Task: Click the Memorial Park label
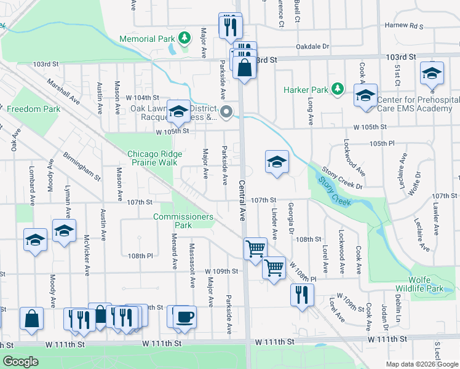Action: (148, 39)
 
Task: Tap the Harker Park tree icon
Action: (337, 89)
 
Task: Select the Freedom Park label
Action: (33, 109)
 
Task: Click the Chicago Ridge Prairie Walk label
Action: (152, 158)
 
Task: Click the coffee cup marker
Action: (185, 316)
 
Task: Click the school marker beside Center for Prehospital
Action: (365, 96)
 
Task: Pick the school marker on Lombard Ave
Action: (36, 239)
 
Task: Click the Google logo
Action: (21, 362)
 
